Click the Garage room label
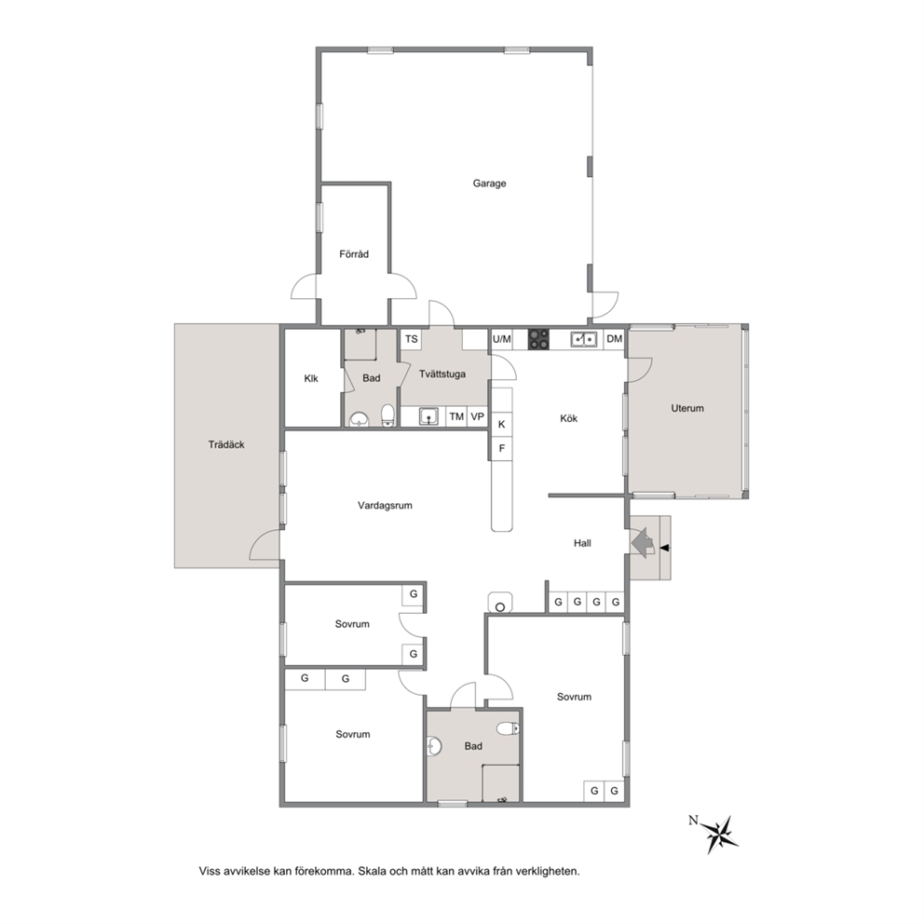coord(489,183)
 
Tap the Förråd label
coord(354,254)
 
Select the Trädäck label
coord(226,445)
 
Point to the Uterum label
coord(687,408)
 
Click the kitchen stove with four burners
coord(538,339)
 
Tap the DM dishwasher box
coord(614,339)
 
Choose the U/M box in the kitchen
coord(501,339)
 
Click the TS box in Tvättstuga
coord(412,339)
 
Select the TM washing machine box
coord(456,416)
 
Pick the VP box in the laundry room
coord(477,416)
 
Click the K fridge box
coord(502,425)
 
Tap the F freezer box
coord(502,448)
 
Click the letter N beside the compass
coord(693,820)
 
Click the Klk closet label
coord(311,378)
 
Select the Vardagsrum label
coord(385,505)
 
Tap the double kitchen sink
coord(583,339)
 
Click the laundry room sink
coord(429,416)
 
